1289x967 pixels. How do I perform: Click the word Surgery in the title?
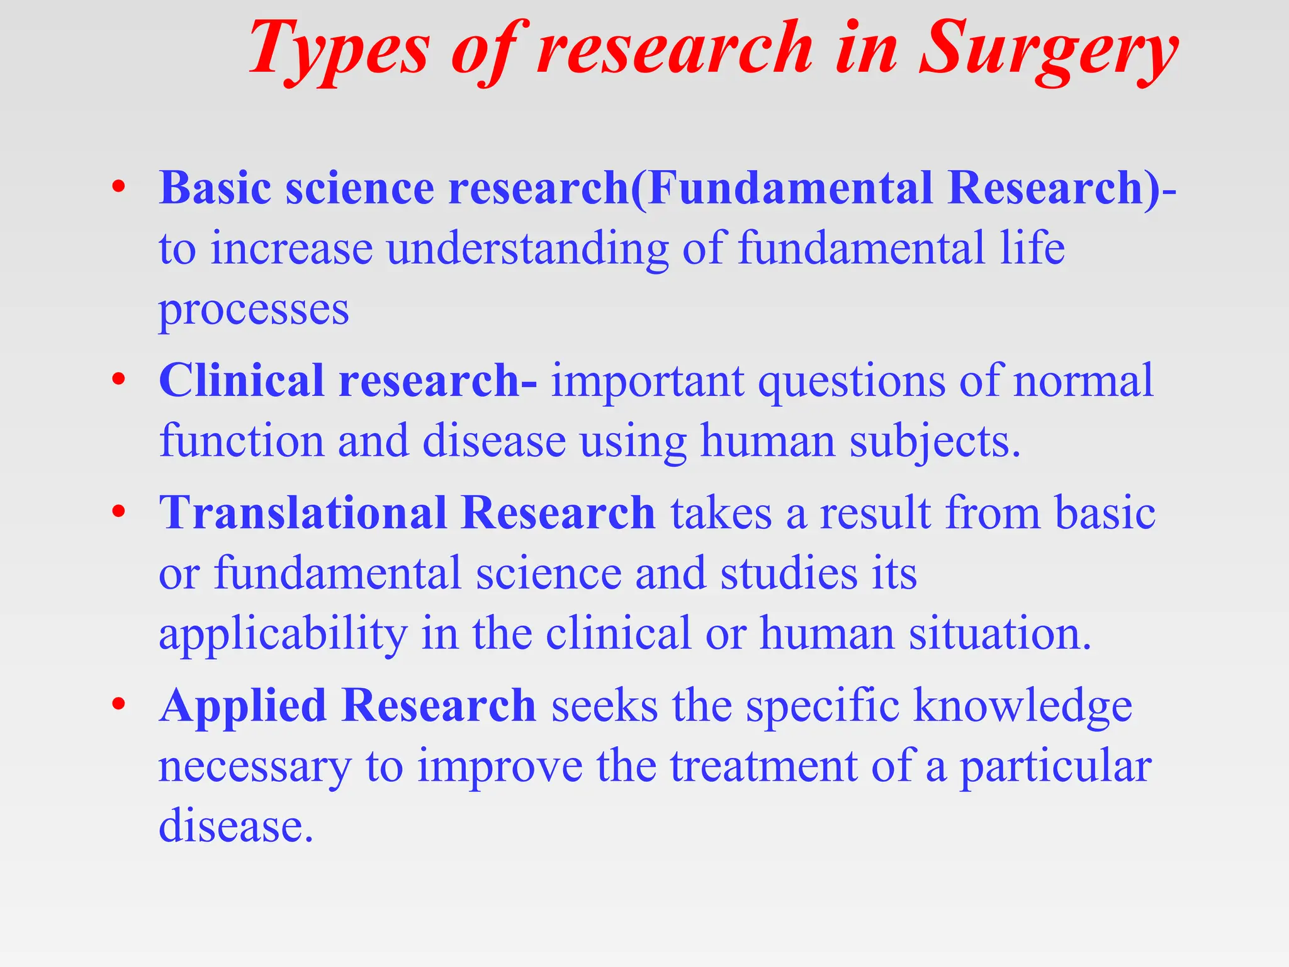[x=1048, y=50]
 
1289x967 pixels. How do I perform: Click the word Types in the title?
[x=339, y=50]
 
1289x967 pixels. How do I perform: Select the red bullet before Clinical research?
[x=118, y=380]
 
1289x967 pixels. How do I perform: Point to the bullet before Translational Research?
[x=118, y=512]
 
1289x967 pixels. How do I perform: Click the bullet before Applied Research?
[x=118, y=704]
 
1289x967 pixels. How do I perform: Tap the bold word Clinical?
[x=241, y=380]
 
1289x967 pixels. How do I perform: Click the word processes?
[x=254, y=310]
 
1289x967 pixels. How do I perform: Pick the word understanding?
[x=527, y=248]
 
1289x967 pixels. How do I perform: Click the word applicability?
[x=283, y=634]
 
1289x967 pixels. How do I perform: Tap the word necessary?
[x=254, y=767]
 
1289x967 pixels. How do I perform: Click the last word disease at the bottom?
[x=235, y=826]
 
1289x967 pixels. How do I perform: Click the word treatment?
[x=763, y=766]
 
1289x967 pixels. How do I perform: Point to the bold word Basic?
[x=215, y=188]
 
